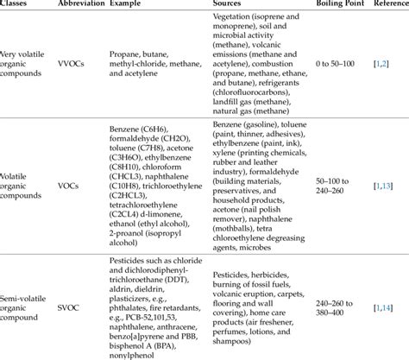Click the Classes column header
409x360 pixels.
(x=18, y=6)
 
